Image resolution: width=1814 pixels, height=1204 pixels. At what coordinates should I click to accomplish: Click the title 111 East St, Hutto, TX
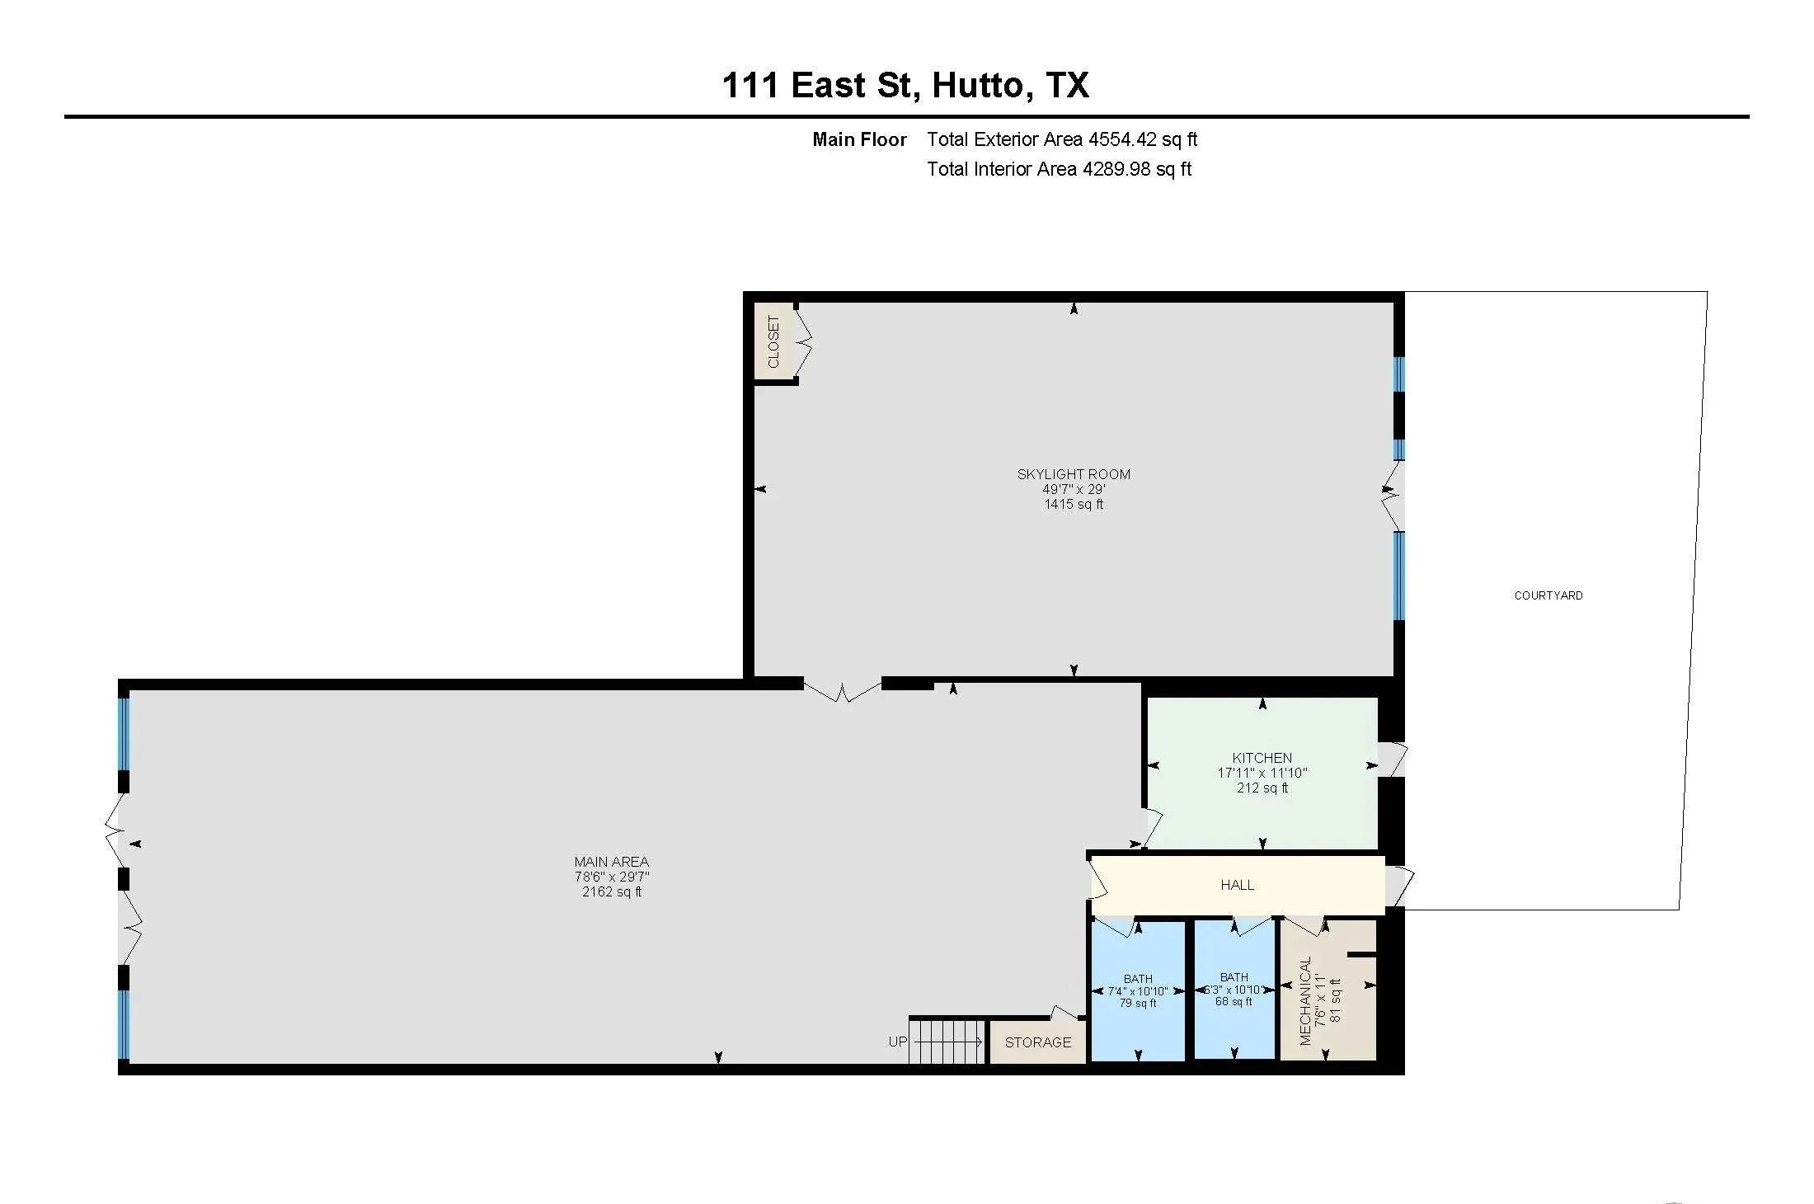(905, 85)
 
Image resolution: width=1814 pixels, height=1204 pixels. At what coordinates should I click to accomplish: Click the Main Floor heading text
(859, 139)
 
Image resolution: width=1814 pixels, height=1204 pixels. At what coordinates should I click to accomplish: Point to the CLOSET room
(773, 341)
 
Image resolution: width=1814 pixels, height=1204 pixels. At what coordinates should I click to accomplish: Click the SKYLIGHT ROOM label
(1074, 474)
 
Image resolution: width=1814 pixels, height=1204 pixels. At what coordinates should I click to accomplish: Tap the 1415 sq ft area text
(1074, 504)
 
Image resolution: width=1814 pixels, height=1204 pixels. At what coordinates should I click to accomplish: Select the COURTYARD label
(1548, 595)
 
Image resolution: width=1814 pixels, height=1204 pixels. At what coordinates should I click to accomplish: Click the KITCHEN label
(1262, 758)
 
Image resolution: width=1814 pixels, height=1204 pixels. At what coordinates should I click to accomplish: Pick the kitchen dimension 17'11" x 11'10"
(1262, 773)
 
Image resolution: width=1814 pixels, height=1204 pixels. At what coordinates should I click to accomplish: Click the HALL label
(1237, 885)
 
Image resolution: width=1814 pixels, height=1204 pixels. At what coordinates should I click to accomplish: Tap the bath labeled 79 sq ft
(1138, 1003)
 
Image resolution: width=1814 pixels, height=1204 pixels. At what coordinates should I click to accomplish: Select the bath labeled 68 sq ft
(1234, 1001)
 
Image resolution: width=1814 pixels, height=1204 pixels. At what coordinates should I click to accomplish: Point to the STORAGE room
(1037, 1042)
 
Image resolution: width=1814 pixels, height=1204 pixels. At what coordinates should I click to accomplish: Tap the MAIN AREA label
(611, 862)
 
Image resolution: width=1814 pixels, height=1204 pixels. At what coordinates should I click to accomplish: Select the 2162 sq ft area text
(611, 891)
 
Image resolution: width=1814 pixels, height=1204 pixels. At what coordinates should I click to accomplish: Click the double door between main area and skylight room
(842, 691)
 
